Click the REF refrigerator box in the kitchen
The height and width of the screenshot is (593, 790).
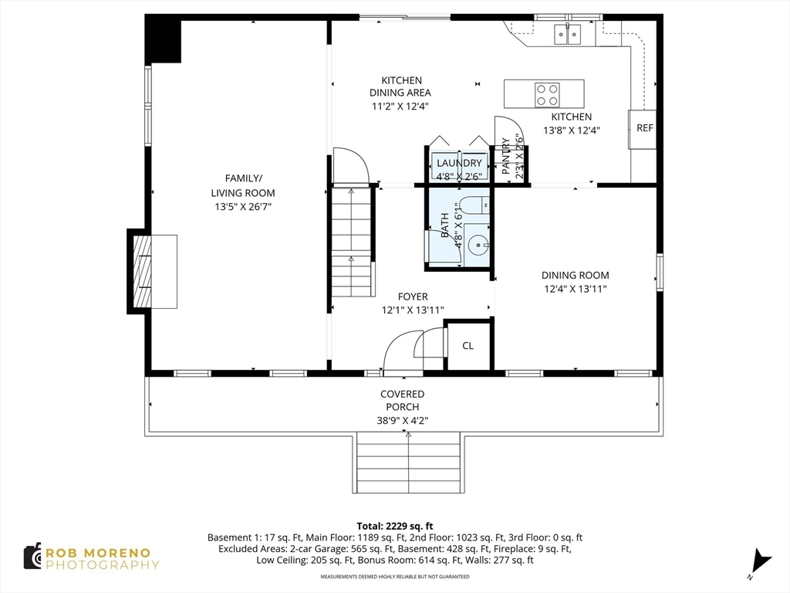pyautogui.click(x=643, y=129)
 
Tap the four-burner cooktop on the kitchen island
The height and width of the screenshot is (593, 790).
pyautogui.click(x=547, y=95)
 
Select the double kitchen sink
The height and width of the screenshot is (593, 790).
pyautogui.click(x=567, y=34)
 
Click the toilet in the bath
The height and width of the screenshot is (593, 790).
pyautogui.click(x=473, y=205)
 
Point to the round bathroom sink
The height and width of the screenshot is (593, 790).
pyautogui.click(x=478, y=246)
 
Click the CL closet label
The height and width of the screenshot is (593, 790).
pyautogui.click(x=468, y=346)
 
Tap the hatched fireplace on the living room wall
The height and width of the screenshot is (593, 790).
pyautogui.click(x=142, y=271)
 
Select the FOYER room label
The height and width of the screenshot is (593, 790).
pyautogui.click(x=413, y=297)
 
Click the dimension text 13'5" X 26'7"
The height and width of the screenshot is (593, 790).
pyautogui.click(x=243, y=207)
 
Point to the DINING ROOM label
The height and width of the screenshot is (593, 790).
pyautogui.click(x=576, y=276)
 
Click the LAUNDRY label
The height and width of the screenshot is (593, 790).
pyautogui.click(x=459, y=163)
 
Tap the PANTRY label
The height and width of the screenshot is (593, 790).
pyautogui.click(x=506, y=156)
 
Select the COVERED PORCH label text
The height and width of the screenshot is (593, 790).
pyautogui.click(x=402, y=401)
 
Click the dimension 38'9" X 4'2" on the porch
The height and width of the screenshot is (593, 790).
pyautogui.click(x=403, y=421)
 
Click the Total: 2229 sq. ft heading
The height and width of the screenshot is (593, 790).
pyautogui.click(x=395, y=527)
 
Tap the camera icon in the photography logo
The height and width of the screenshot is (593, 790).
pyautogui.click(x=32, y=557)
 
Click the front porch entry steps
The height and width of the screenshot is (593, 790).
pyautogui.click(x=408, y=463)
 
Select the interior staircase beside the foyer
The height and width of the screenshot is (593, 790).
pyautogui.click(x=351, y=242)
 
